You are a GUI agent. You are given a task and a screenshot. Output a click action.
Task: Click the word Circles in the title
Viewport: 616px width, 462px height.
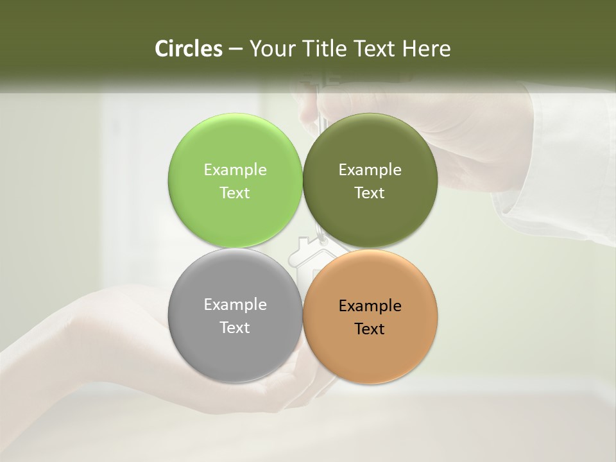click(x=188, y=49)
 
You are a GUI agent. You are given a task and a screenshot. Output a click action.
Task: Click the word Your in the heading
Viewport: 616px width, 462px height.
click(x=271, y=49)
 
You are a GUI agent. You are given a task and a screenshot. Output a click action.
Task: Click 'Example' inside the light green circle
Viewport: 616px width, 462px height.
click(x=235, y=169)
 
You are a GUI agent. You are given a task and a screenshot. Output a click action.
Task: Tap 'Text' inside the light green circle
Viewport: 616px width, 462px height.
click(x=235, y=193)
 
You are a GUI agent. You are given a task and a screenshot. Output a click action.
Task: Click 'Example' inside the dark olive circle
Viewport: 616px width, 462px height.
click(x=370, y=169)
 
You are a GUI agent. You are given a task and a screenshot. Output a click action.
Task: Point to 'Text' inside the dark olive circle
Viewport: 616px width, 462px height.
click(x=370, y=193)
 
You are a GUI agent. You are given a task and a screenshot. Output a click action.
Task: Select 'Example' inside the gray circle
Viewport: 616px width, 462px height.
click(x=235, y=304)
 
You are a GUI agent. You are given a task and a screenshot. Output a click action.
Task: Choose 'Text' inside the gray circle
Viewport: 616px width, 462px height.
click(x=235, y=327)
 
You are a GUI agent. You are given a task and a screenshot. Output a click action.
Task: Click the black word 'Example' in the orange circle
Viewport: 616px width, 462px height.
click(x=370, y=305)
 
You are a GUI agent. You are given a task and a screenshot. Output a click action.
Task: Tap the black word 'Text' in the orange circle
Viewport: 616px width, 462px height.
click(x=370, y=329)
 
